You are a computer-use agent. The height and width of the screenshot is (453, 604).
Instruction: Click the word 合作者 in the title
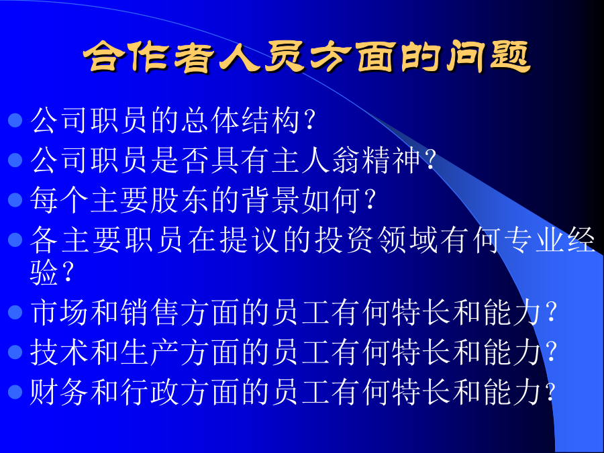point(148,57)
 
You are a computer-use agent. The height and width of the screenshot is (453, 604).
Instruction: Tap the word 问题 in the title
point(487,57)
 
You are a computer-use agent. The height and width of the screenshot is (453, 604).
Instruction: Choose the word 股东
point(181,199)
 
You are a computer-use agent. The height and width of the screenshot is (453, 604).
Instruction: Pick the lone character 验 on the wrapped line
point(44,272)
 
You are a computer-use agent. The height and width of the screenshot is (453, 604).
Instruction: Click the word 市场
point(59,312)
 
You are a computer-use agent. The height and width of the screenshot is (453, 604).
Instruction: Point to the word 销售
point(150,312)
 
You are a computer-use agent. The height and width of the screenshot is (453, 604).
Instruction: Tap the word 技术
point(59,352)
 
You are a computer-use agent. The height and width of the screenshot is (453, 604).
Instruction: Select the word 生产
point(150,352)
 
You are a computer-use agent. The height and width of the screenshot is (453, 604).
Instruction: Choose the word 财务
point(59,392)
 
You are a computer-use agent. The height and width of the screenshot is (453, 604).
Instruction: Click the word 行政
point(150,392)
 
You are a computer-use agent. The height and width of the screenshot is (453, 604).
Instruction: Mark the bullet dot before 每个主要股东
point(15,199)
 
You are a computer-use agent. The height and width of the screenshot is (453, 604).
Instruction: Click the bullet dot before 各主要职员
point(15,240)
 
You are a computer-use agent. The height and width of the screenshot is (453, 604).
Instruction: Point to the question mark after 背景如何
point(370,200)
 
